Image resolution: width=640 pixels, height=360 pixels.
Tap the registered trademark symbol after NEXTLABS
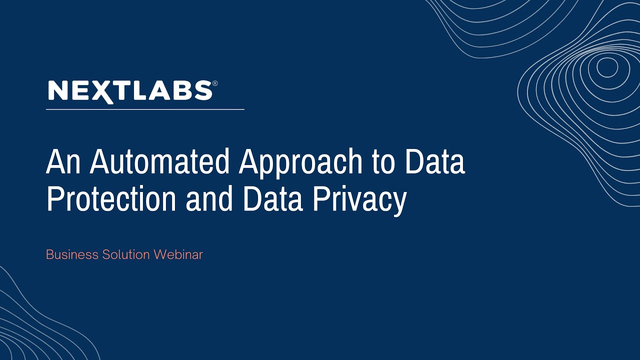coord(215,83)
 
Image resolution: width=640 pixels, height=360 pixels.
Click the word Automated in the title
coord(159,162)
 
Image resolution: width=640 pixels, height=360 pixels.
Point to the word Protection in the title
coord(111,199)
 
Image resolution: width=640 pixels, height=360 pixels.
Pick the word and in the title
coord(209,199)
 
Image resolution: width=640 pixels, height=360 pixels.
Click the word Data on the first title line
coord(435,162)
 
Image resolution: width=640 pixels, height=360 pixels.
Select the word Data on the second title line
coord(272,199)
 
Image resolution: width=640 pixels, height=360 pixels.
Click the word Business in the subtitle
coord(72,254)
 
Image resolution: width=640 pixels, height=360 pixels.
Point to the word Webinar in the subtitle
coord(178,254)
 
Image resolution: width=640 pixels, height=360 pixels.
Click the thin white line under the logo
coord(145,109)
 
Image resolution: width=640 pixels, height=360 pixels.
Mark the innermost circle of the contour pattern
coord(607,67)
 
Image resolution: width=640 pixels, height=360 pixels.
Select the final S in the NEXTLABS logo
coord(202,91)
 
